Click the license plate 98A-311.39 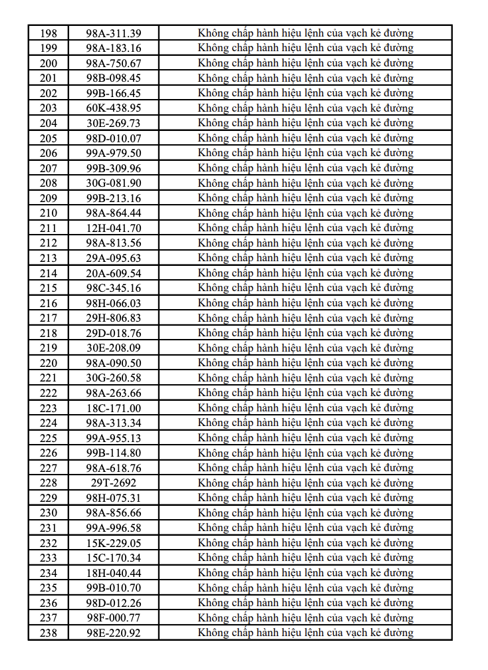(114, 33)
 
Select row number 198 (49, 33)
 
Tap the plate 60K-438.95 (114, 108)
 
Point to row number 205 (49, 138)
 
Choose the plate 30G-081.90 (114, 183)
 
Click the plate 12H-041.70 (114, 228)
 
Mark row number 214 (49, 273)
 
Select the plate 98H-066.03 (114, 303)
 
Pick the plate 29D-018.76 (114, 333)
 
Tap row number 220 (49, 363)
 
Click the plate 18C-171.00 (114, 408)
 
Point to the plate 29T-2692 (114, 483)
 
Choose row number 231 (49, 528)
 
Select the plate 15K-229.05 (114, 543)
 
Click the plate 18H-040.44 (114, 573)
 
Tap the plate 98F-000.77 (114, 618)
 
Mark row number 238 (49, 633)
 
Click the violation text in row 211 (305, 228)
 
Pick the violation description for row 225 (305, 438)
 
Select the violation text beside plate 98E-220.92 (305, 633)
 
